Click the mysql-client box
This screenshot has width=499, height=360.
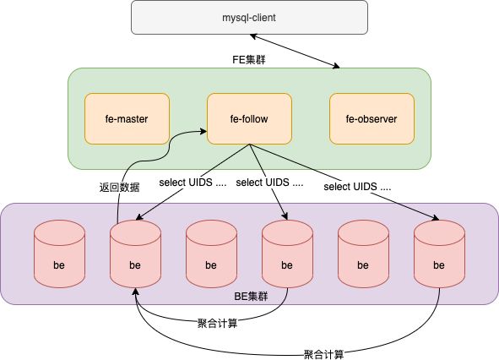(249, 17)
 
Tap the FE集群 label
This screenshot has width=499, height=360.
(248, 59)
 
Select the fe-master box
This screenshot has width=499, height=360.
(127, 118)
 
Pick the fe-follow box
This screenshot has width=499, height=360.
(249, 118)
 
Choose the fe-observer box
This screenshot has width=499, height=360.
(372, 118)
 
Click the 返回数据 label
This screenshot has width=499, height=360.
(119, 187)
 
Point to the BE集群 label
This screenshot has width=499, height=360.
(251, 297)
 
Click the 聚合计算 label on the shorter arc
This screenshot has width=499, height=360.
(217, 324)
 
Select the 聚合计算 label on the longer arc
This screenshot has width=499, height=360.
(323, 354)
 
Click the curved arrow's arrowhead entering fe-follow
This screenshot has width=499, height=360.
(203, 131)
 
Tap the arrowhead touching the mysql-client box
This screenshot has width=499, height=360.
(253, 36)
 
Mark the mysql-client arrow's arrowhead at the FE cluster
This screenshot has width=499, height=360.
(336, 66)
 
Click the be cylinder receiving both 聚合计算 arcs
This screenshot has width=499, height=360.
(135, 254)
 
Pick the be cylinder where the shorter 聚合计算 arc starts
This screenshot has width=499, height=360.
(287, 254)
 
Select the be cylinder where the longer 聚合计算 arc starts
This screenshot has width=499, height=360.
(440, 254)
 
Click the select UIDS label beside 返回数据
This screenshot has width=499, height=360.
(193, 183)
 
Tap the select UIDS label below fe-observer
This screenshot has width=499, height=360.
(357, 187)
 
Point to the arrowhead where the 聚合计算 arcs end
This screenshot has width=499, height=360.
(135, 292)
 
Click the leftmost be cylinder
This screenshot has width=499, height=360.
(59, 254)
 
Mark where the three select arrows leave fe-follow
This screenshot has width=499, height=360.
(250, 145)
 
